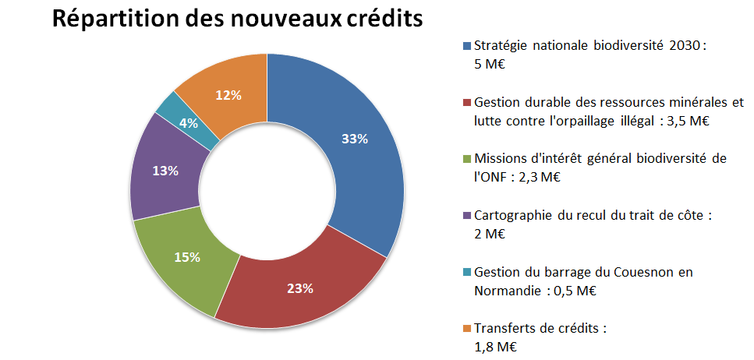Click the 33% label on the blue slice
click(x=355, y=139)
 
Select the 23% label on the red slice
click(x=300, y=288)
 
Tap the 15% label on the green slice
click(x=187, y=257)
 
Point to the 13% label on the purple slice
click(x=165, y=170)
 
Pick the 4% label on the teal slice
click(x=187, y=122)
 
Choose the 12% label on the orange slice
click(x=228, y=95)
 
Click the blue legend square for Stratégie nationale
click(x=466, y=46)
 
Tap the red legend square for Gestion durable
click(x=466, y=102)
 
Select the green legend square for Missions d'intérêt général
click(x=466, y=158)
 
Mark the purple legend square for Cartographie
click(x=466, y=214)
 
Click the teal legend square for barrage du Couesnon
click(x=466, y=271)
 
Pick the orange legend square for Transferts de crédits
click(x=466, y=328)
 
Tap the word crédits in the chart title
click(x=382, y=19)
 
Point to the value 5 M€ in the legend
click(x=490, y=65)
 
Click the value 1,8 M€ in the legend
click(x=496, y=347)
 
